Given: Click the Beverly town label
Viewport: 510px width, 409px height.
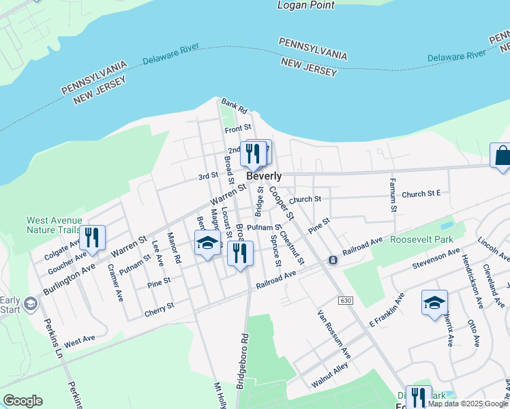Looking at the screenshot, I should (x=264, y=176).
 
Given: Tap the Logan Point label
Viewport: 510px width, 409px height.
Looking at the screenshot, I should (x=306, y=5).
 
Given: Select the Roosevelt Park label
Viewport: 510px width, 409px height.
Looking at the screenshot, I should (x=421, y=240).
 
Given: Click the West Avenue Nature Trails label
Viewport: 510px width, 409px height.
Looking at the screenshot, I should (x=54, y=225).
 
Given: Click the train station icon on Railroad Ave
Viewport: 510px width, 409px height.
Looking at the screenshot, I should (x=332, y=260).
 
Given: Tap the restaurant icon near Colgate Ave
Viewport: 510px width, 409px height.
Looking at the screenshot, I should (x=92, y=237).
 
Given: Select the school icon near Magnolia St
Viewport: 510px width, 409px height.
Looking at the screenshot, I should (x=208, y=243).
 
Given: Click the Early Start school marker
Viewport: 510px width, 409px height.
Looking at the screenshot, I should (x=29, y=303).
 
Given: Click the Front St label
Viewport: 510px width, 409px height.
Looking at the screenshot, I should (x=238, y=127).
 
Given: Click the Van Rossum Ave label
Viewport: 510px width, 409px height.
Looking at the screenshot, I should (x=333, y=335).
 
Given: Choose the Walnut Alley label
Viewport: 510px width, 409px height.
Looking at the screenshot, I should (x=329, y=374).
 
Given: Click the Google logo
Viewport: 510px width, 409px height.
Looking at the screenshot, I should (x=22, y=401).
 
